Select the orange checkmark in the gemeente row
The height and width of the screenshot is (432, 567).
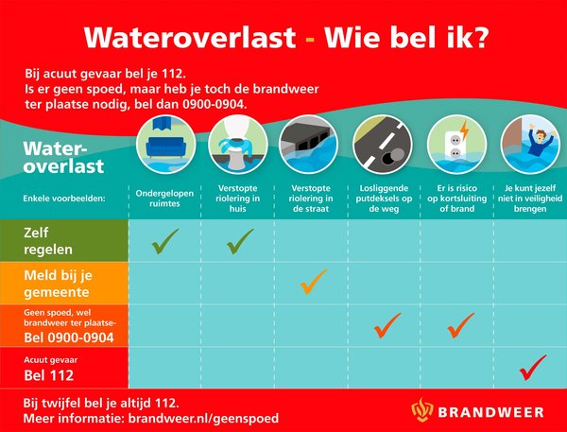[313, 282]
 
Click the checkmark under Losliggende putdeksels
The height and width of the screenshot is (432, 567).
[387, 326]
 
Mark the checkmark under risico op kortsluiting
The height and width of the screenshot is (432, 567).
[459, 326]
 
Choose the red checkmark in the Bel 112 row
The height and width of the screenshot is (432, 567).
[533, 365]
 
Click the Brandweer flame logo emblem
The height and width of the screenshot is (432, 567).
[423, 409]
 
